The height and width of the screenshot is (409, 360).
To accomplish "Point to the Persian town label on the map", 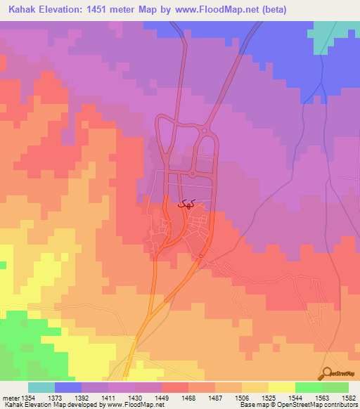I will click(x=186, y=204).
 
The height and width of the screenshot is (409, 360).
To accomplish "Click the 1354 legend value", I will click(x=27, y=398).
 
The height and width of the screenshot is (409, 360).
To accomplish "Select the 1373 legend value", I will click(x=56, y=398).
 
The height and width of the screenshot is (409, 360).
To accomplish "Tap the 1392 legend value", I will click(x=82, y=398).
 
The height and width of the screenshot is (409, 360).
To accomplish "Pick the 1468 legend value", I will click(x=188, y=398).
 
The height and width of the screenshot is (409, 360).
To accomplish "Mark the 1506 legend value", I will click(x=242, y=398).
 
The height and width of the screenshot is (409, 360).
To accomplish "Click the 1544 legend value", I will click(x=295, y=398).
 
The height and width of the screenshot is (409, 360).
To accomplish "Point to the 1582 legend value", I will click(x=348, y=398).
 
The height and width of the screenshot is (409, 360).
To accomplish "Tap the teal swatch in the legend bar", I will click(x=41, y=387).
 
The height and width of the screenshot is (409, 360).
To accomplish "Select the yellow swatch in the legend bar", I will click(x=281, y=387).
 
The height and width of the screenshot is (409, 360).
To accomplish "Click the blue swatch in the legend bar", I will click(x=68, y=387).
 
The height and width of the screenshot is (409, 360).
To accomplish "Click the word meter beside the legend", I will click(x=10, y=398).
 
